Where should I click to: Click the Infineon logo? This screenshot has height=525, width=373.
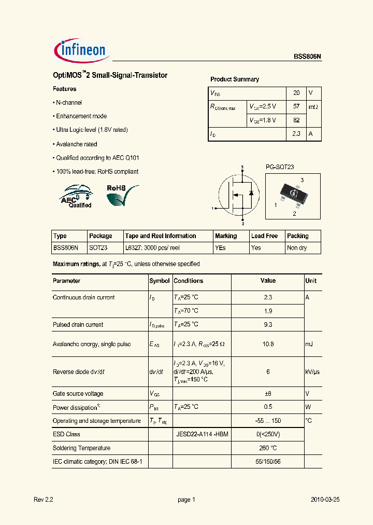click(x=80, y=50)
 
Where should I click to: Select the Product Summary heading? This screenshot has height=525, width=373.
click(x=234, y=79)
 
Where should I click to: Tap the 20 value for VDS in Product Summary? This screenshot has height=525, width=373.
click(x=296, y=93)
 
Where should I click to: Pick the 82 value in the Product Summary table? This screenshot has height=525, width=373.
click(x=296, y=120)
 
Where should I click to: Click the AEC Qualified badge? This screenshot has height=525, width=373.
click(x=77, y=196)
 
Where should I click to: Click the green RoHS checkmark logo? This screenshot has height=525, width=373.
click(x=122, y=196)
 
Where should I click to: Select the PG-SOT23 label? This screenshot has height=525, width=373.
click(x=280, y=167)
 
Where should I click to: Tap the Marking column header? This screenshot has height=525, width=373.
click(x=226, y=236)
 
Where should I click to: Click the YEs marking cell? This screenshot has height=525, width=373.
click(x=220, y=248)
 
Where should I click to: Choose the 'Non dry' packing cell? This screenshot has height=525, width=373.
click(x=297, y=248)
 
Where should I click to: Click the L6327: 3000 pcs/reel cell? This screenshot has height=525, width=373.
click(x=152, y=248)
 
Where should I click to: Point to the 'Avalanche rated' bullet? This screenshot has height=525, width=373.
click(x=76, y=144)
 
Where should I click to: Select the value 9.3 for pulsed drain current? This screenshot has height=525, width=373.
click(x=268, y=325)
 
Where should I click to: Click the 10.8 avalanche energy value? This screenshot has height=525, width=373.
click(x=268, y=344)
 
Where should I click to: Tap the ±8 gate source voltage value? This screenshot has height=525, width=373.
click(x=268, y=394)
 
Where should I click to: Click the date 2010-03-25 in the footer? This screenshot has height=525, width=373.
click(x=325, y=500)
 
